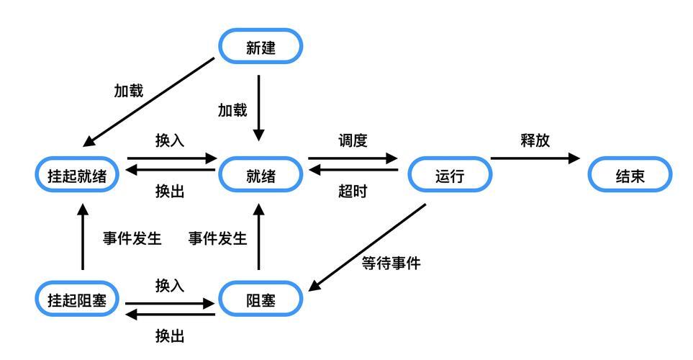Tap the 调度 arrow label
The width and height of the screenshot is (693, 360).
353,140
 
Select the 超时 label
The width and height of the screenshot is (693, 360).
353,192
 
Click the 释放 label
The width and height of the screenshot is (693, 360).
535,140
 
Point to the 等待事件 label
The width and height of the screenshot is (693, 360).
391,263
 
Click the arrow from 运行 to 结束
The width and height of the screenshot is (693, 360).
535,158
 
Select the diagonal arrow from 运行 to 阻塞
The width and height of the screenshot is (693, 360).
367,247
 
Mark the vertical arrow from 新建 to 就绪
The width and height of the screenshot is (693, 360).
258,108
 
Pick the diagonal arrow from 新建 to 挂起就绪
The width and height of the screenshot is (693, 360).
148,102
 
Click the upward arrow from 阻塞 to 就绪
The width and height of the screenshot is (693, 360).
258,237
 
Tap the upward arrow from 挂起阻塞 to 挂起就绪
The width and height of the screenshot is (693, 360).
83,237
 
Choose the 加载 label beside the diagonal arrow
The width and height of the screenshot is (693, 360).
129,91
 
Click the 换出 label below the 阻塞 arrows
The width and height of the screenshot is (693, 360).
170,336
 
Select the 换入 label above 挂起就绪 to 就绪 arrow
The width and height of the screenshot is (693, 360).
170,140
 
